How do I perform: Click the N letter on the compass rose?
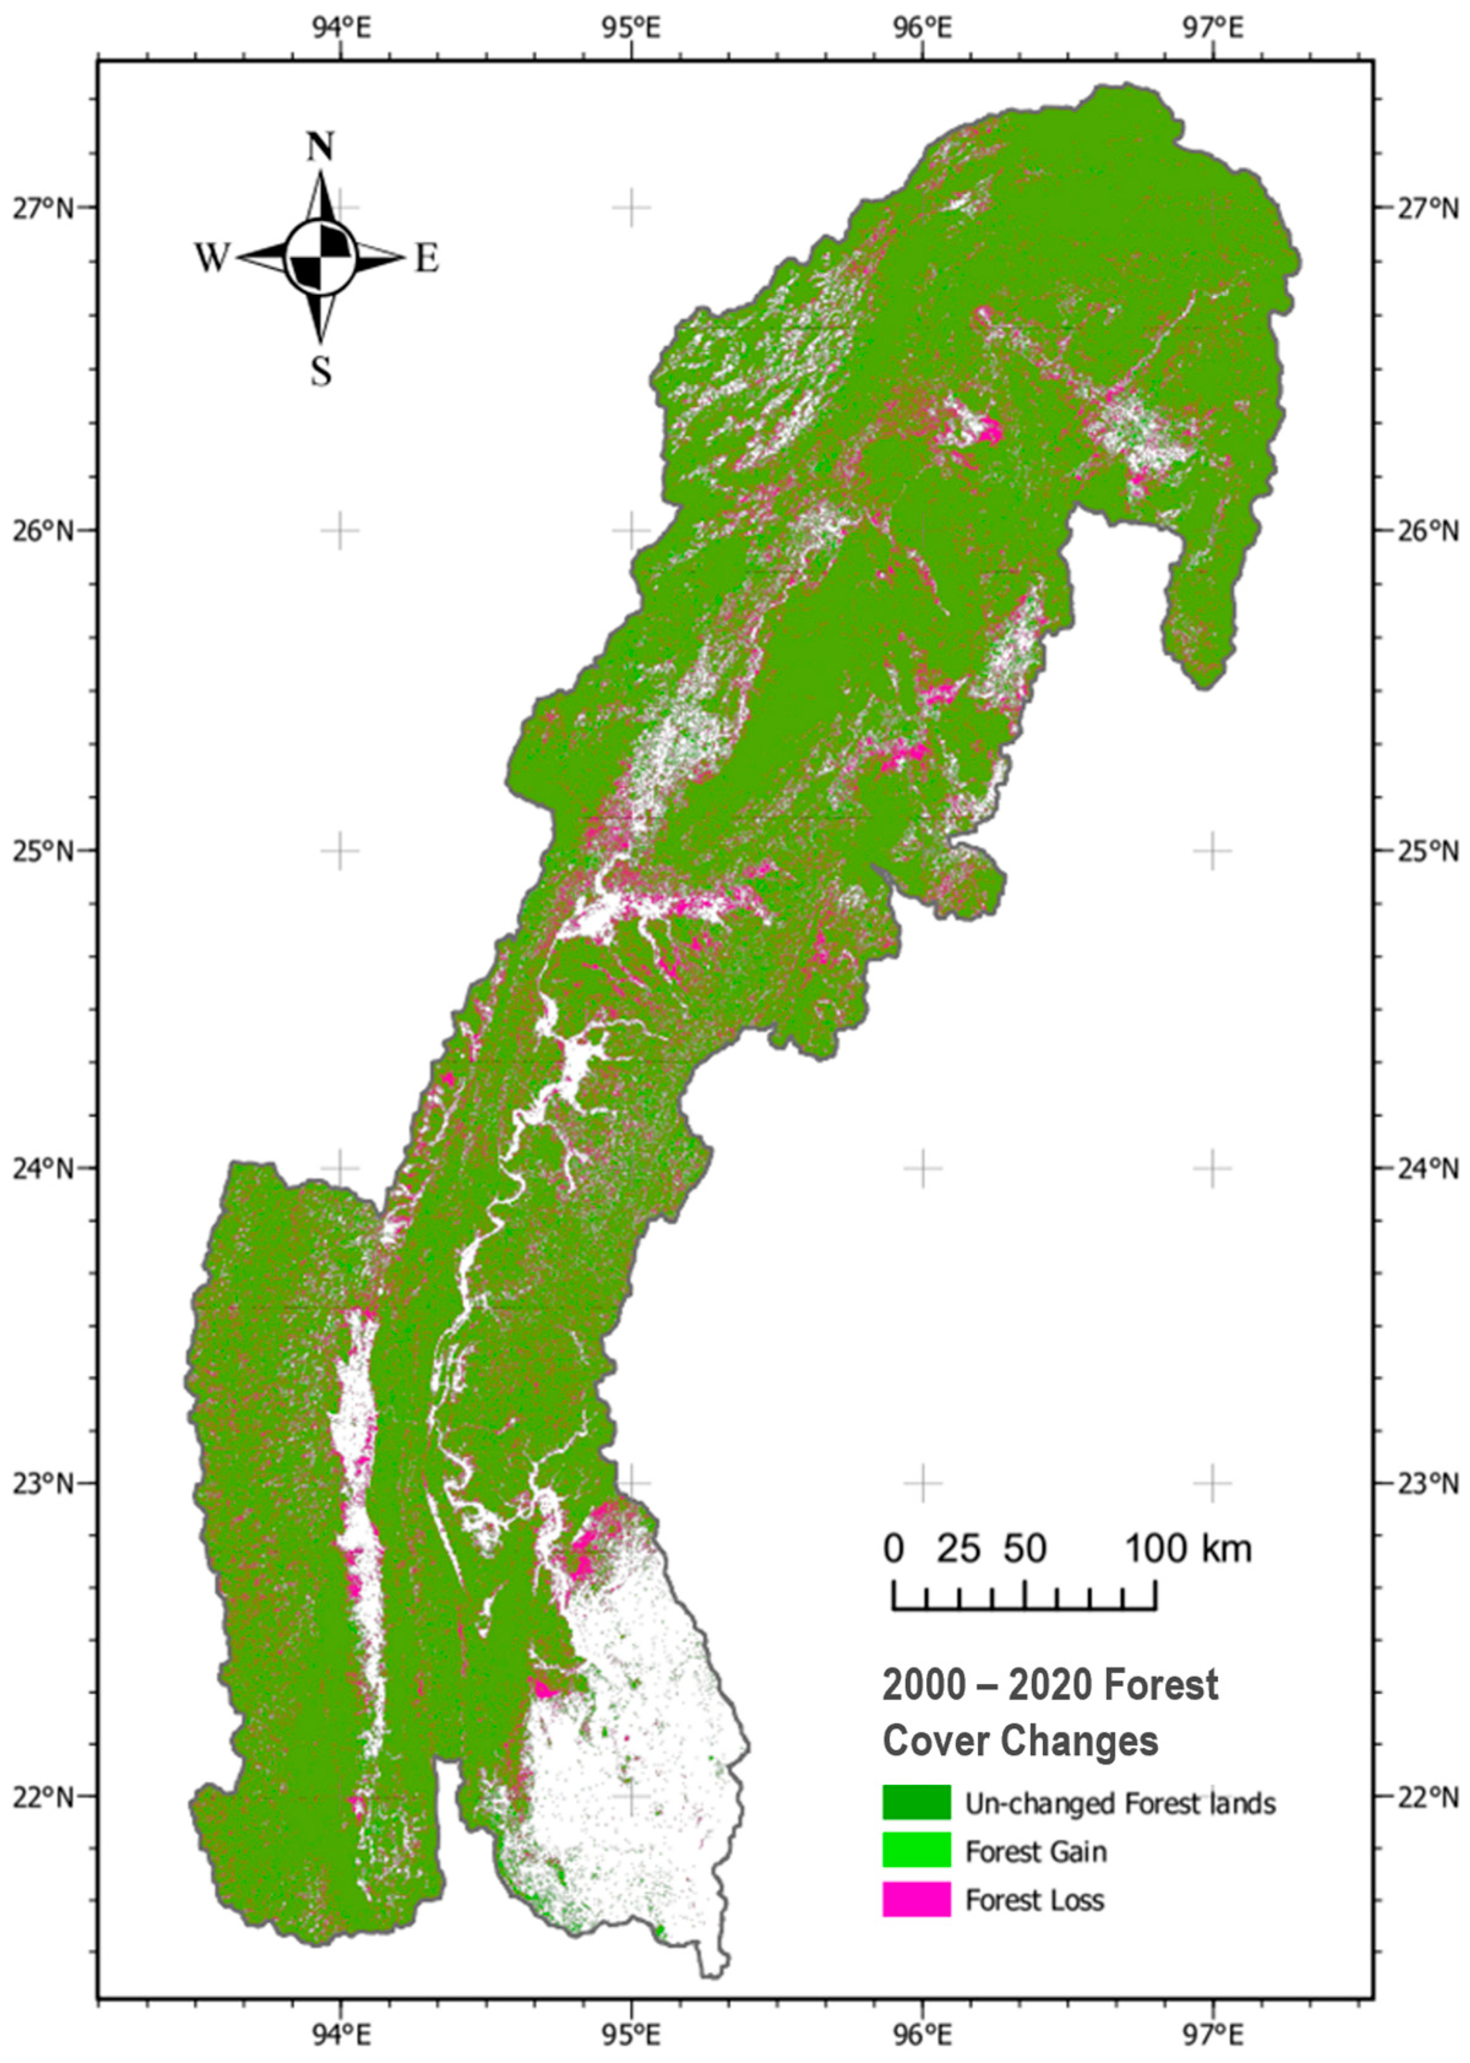pos(320,146)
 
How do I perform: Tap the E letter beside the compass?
pos(426,260)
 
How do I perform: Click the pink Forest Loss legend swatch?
pos(916,1899)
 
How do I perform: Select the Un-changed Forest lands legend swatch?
pos(916,1801)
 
